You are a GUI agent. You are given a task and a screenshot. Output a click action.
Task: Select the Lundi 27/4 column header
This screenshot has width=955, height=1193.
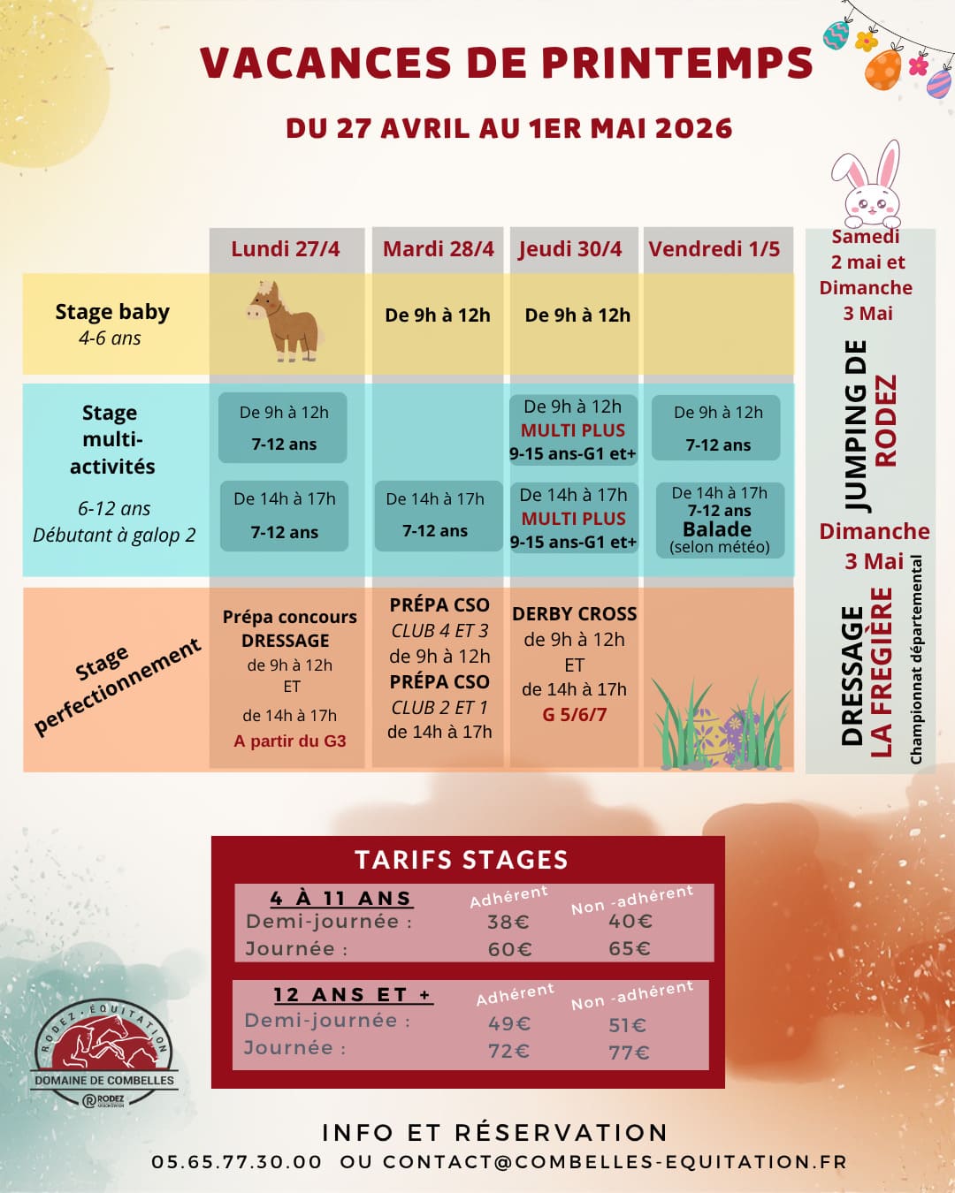point(286,249)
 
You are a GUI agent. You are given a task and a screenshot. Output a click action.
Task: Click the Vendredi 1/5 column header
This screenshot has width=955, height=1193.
point(714,249)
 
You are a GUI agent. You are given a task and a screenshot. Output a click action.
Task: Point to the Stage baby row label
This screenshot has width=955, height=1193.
point(112,313)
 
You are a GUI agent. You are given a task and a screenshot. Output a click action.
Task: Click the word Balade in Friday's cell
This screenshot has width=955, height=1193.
point(717,529)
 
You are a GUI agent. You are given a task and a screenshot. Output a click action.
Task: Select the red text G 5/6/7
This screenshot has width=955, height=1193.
point(575,715)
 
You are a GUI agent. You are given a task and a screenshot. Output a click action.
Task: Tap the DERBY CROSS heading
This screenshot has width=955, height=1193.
point(575,614)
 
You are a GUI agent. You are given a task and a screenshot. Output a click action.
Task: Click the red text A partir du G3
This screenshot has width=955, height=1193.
point(290,741)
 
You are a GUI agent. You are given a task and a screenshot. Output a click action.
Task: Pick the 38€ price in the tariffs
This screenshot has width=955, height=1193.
point(508,923)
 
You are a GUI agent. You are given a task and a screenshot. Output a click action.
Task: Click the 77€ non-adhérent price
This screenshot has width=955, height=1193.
point(629,1052)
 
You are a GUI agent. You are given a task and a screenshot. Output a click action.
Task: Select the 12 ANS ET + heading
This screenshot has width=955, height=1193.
point(352,995)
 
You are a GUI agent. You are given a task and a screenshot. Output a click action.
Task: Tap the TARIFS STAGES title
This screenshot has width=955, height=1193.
point(462,860)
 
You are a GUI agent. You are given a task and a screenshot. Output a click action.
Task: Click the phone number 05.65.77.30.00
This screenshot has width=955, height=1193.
point(237,1162)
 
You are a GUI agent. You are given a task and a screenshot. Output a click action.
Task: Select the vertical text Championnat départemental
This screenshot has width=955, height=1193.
point(917,659)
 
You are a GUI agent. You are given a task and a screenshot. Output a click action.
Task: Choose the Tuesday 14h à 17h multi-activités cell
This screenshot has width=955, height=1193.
point(436,515)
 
